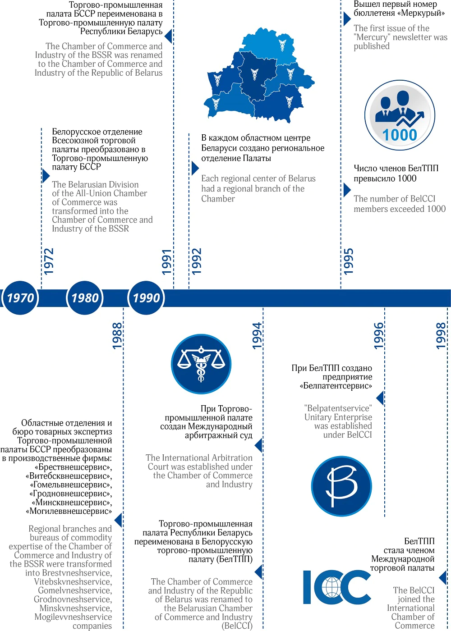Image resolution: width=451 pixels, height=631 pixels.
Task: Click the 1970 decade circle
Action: click(x=20, y=298)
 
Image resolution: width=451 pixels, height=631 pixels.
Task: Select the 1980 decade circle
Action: click(x=85, y=298)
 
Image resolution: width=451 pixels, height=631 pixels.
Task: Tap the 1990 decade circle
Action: click(x=147, y=298)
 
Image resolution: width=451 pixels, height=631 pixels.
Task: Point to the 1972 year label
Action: click(x=48, y=261)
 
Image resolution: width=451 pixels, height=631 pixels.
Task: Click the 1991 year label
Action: click(x=167, y=261)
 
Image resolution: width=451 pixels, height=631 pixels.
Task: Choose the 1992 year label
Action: click(x=196, y=261)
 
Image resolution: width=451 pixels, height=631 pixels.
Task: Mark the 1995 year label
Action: click(x=348, y=261)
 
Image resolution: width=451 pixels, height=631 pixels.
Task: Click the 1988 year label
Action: click(x=117, y=335)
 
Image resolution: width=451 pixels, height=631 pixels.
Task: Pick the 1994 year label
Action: click(x=257, y=335)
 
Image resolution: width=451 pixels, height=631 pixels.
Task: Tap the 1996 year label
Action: click(x=378, y=335)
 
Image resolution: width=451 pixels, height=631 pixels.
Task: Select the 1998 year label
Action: click(x=441, y=335)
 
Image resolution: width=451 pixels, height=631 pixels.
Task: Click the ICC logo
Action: click(x=336, y=587)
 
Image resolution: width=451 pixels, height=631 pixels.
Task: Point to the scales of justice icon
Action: click(x=201, y=364)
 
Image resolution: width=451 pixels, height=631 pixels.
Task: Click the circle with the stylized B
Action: click(x=341, y=486)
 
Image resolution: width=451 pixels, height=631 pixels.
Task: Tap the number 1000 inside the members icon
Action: click(x=400, y=135)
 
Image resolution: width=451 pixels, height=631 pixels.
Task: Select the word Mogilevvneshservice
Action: click(x=73, y=617)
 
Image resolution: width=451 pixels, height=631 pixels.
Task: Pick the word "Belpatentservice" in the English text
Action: click(x=338, y=408)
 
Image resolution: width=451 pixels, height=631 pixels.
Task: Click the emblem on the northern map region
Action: click(x=282, y=45)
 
